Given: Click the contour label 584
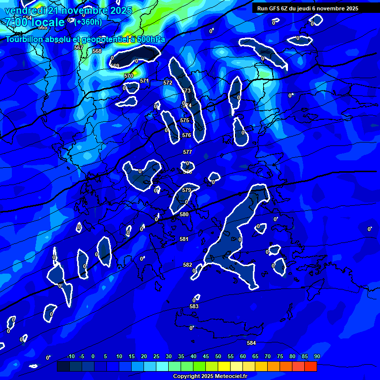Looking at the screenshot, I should [x=251, y=343].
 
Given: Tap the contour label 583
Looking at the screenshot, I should [x=194, y=307].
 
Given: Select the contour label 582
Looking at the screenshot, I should [x=188, y=265].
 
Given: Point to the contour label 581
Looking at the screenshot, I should [x=184, y=239].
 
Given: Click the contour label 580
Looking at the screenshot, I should [x=184, y=214].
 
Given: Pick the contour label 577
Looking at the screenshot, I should [x=188, y=152].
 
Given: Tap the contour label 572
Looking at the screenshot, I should [x=168, y=83].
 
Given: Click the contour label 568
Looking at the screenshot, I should [x=97, y=51].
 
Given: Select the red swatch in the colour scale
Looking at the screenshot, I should [x=310, y=367].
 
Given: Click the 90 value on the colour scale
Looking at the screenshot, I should [x=317, y=356].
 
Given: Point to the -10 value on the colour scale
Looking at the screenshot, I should [x=70, y=356].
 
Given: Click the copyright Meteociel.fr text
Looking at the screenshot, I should [x=210, y=376].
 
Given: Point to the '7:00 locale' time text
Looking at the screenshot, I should [x=35, y=22].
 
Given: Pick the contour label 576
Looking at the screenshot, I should [x=187, y=135].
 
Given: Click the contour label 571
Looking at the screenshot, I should [x=144, y=81].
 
